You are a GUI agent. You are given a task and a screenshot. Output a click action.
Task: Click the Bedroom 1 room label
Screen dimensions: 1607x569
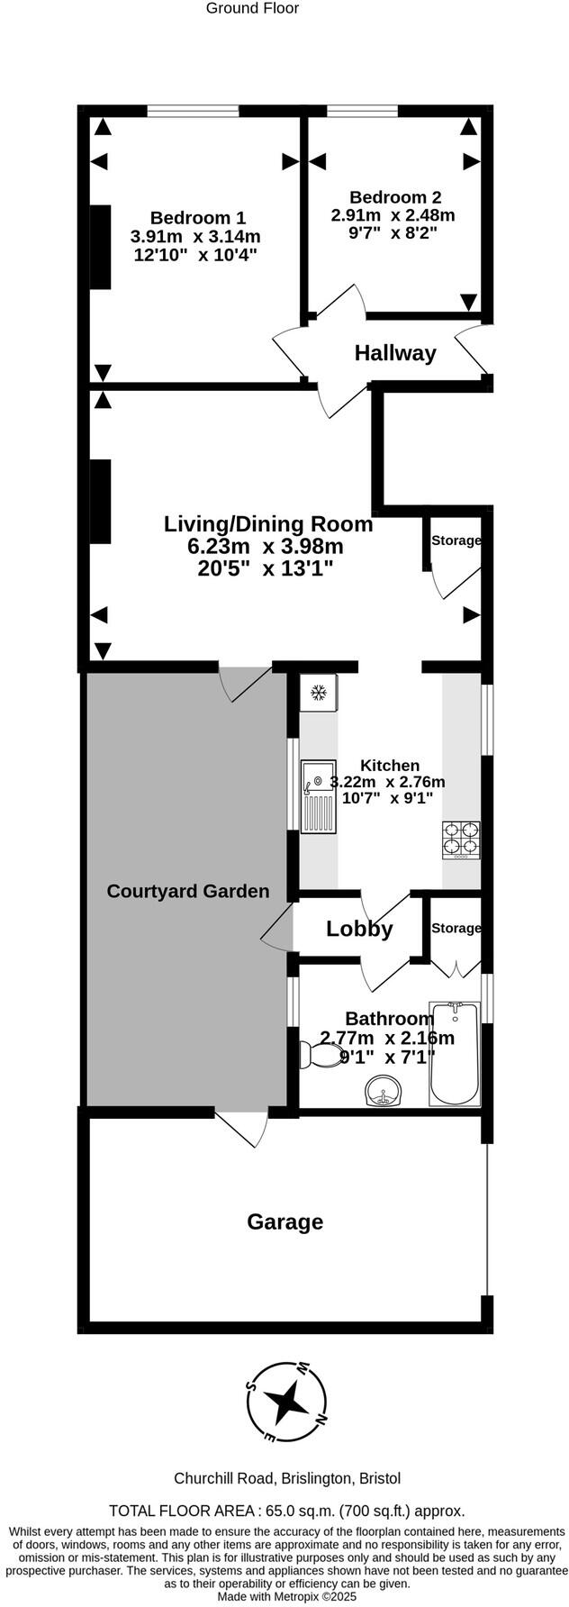coord(197,218)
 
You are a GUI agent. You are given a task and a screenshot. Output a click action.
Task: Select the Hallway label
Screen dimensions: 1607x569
coord(394,353)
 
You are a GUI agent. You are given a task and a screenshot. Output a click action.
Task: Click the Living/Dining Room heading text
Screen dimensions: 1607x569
coord(268,523)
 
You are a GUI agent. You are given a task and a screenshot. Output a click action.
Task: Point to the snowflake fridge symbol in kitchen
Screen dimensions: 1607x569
coord(317,693)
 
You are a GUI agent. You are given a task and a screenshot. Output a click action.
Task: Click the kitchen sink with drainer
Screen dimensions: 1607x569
coord(318,796)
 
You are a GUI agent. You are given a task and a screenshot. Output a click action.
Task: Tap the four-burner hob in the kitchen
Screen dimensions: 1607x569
coord(460,840)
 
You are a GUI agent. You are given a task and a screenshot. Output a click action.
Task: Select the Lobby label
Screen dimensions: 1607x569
coord(359,929)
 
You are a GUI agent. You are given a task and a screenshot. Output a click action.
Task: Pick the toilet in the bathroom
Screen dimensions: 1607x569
coord(315,1052)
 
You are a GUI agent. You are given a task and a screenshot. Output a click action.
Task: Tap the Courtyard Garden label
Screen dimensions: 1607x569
coord(188,892)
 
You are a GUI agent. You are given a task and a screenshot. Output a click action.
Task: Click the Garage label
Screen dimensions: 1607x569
coord(284,1222)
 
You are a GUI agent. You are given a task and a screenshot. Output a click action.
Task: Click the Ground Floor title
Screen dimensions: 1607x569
coord(252,8)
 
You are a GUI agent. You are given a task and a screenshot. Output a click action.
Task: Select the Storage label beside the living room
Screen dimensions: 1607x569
coord(456,540)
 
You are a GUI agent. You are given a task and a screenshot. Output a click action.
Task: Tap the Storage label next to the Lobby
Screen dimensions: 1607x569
coord(456,928)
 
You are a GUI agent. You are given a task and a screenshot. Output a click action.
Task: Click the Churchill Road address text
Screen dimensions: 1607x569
coord(286,1478)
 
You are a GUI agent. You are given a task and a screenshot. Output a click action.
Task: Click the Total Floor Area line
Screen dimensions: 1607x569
coord(286,1511)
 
